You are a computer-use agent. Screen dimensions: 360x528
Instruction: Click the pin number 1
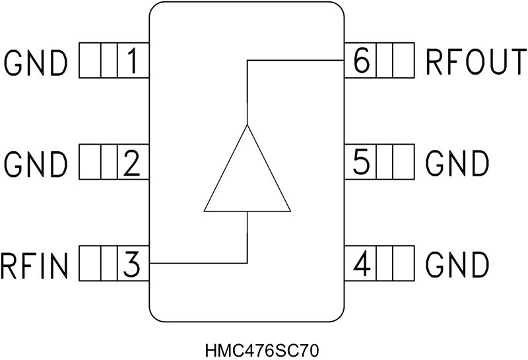pos(133,61)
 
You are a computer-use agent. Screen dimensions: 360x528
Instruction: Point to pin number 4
pos(361,264)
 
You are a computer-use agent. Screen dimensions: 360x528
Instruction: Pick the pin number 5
pos(361,162)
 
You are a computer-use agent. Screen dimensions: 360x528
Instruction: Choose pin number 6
pos(361,61)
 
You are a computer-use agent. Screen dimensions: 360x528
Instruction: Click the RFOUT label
pos(475,62)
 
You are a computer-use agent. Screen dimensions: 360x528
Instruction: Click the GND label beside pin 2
pos(36,163)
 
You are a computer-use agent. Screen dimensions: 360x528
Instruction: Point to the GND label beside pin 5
pos(457,163)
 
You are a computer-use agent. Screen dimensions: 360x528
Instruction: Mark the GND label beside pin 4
pos(457,264)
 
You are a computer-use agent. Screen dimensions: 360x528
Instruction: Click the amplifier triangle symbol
pos(247,178)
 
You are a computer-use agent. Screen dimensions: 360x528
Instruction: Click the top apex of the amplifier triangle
pos(247,125)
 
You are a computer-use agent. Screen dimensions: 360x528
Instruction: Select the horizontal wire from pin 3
pos(198,264)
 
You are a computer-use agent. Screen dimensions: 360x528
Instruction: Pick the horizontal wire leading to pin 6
pos(297,60)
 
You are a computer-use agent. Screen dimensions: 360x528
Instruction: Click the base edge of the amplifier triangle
pos(247,211)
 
